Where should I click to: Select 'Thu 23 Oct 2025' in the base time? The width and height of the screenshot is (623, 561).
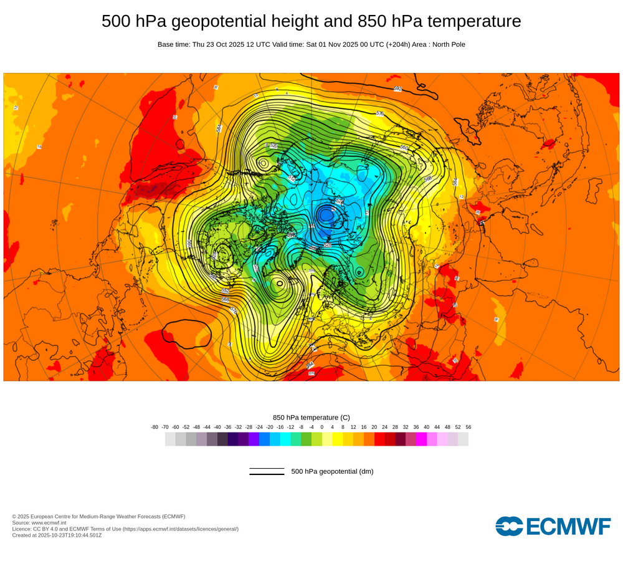217,44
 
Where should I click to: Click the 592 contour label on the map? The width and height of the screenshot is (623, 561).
397,89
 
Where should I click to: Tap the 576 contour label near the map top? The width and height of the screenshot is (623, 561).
380,113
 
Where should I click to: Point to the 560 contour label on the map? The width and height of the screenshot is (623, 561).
404,148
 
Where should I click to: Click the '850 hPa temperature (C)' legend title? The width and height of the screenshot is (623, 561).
311,418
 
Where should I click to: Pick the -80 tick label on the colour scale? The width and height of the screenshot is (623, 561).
155,427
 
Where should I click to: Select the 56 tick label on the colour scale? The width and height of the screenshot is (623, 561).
468,427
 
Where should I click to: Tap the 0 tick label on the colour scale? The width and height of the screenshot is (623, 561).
322,427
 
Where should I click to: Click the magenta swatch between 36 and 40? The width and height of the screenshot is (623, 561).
421,439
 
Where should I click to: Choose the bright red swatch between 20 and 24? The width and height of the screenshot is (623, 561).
379,439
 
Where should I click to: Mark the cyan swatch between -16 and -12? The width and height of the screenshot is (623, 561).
285,439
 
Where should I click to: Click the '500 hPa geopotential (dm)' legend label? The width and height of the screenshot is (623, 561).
332,471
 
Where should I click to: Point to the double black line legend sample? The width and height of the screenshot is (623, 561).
267,471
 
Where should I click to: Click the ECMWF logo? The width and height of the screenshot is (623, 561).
553,525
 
